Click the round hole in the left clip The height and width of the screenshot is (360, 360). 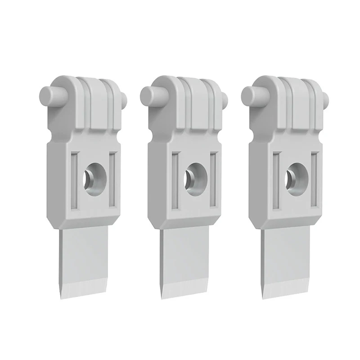[x=93, y=175]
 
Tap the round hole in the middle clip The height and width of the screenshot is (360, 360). [x=193, y=175]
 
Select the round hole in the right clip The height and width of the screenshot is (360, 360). [x=294, y=175]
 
